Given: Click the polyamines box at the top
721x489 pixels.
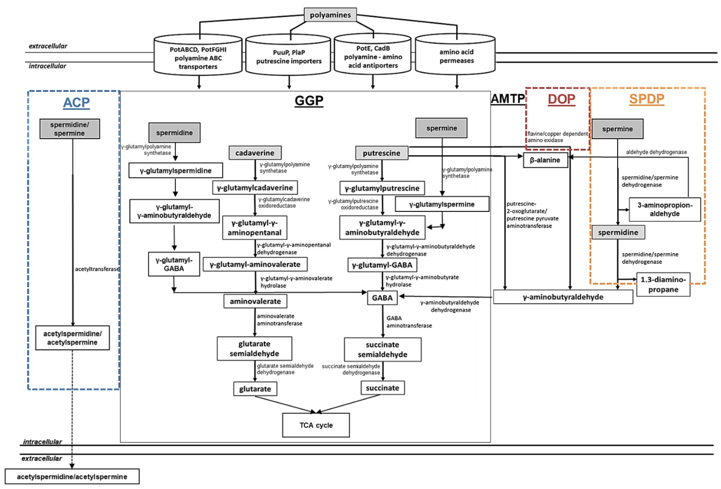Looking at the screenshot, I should pyautogui.click(x=330, y=15).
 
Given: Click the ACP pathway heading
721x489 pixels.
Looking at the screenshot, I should pyautogui.click(x=76, y=102).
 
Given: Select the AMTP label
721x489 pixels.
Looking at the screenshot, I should pyautogui.click(x=507, y=99).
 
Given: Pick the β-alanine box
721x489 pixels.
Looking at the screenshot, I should pyautogui.click(x=545, y=160).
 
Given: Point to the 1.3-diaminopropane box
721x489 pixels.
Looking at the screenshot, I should pyautogui.click(x=663, y=284).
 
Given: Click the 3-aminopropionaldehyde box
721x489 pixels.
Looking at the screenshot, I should pyautogui.click(x=664, y=210).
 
